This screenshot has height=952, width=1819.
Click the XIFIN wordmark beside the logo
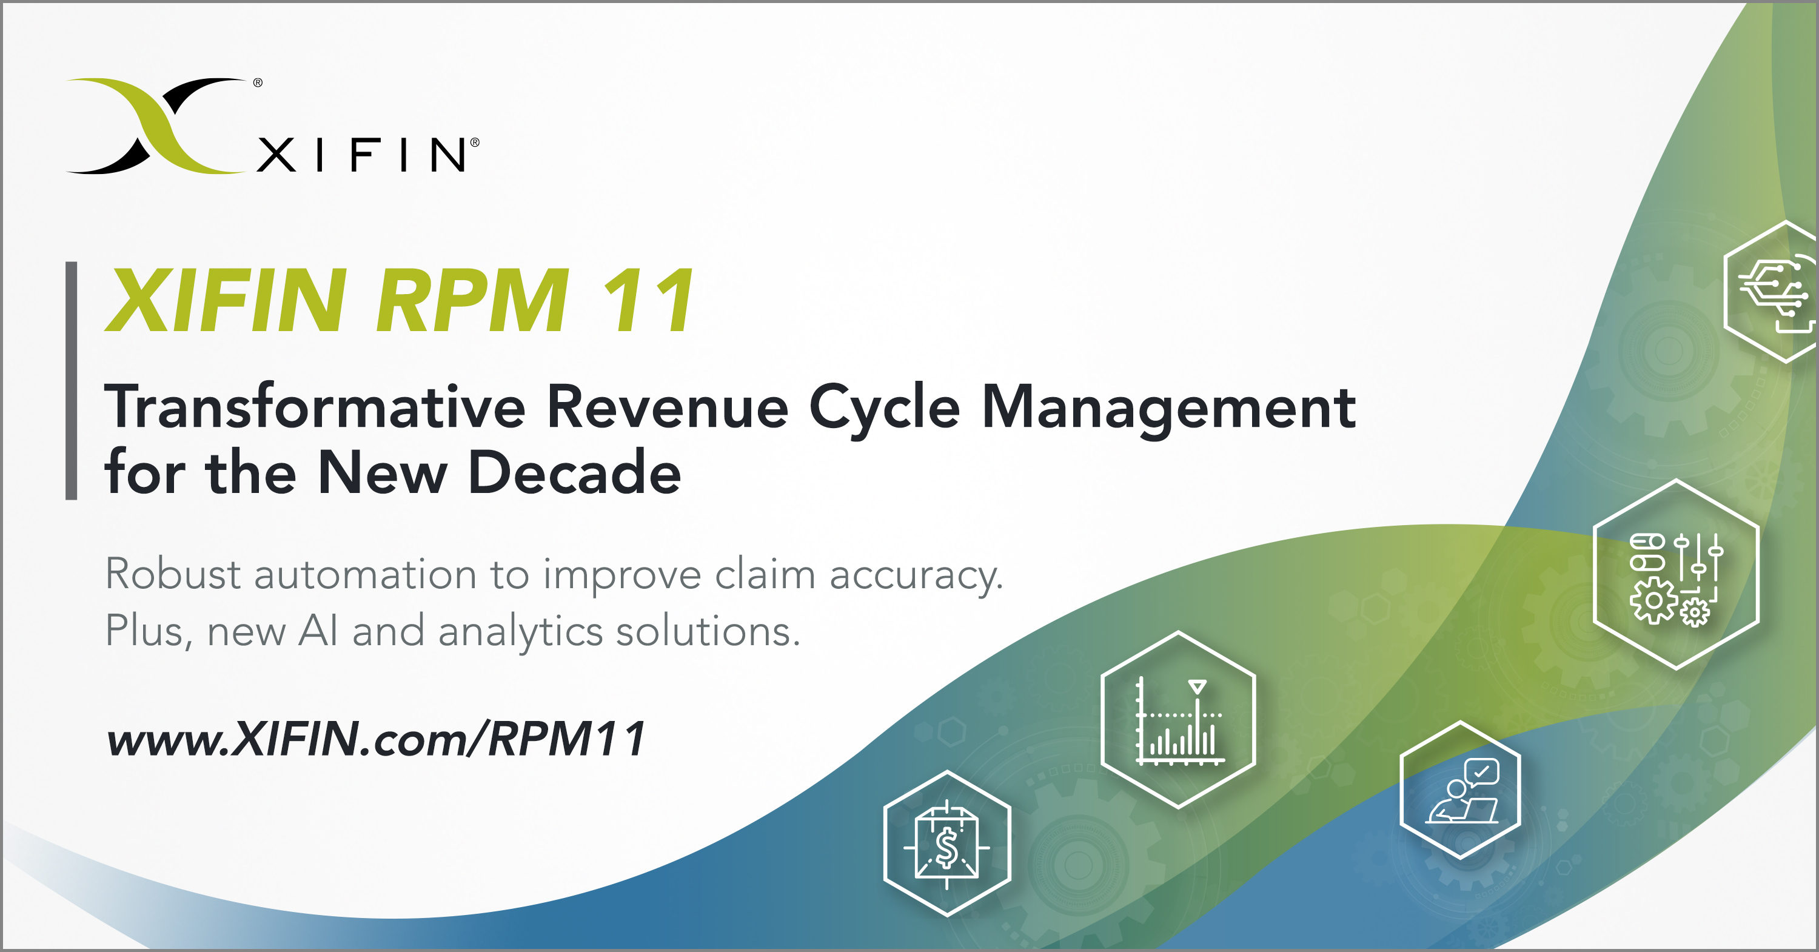click(361, 155)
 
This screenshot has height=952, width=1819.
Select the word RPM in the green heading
click(472, 300)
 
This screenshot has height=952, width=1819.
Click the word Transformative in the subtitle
click(315, 407)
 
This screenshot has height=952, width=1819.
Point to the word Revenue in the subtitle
click(668, 407)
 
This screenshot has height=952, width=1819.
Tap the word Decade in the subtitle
click(574, 472)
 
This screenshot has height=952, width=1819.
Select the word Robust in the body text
click(173, 574)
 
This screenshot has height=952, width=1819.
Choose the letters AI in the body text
click(318, 630)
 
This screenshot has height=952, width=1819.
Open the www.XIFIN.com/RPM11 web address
click(376, 739)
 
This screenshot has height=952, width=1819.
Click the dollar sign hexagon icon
click(947, 845)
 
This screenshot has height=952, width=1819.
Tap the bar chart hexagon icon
click(1178, 720)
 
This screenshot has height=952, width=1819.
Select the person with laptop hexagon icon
click(1460, 790)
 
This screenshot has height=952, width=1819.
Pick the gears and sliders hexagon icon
click(1677, 575)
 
